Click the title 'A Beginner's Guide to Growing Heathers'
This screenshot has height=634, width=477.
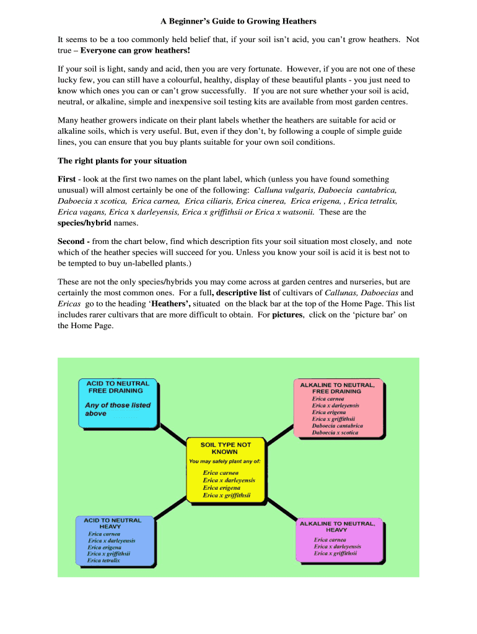click(239, 21)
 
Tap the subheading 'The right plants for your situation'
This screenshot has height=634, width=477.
click(122, 160)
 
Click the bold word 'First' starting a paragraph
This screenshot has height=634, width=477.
click(67, 179)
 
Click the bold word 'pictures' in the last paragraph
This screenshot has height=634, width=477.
click(287, 315)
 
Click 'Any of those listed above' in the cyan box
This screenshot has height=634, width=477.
click(118, 409)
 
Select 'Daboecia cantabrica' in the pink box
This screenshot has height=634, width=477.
click(338, 426)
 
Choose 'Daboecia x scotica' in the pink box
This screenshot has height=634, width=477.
click(335, 433)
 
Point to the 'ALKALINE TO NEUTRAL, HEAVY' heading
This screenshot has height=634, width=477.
click(337, 526)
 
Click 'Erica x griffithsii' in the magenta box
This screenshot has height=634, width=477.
click(335, 554)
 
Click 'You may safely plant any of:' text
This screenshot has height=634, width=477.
click(225, 461)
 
